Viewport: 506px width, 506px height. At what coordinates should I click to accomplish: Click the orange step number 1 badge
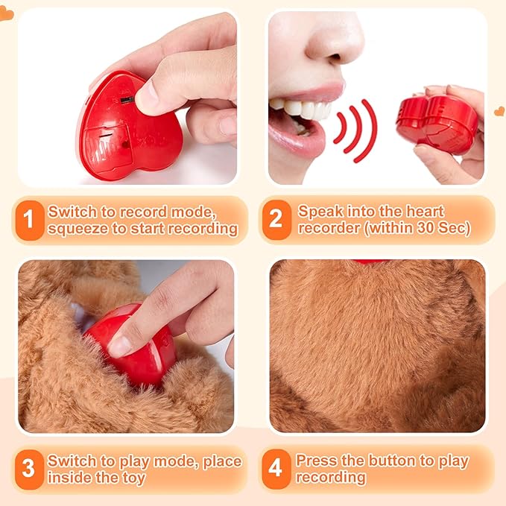click(30, 221)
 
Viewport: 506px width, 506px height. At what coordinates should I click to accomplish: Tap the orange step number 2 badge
click(276, 220)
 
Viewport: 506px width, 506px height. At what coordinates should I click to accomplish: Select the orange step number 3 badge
click(29, 469)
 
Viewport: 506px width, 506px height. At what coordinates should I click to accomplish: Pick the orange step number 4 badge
click(276, 469)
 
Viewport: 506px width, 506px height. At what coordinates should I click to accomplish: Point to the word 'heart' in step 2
click(425, 212)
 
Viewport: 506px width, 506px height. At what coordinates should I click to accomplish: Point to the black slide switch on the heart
click(127, 100)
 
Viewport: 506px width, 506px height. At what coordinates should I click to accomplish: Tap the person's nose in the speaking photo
click(335, 39)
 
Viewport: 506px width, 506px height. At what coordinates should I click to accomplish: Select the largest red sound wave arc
click(366, 130)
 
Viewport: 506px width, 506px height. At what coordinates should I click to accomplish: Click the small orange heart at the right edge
click(499, 111)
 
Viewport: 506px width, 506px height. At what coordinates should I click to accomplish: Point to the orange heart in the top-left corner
click(7, 13)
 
